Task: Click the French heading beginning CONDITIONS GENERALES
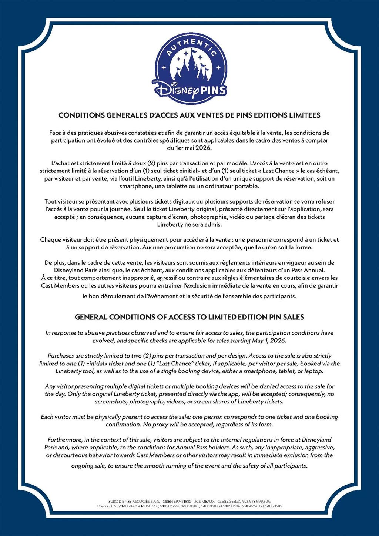[x=189, y=115]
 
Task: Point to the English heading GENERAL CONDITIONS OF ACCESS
[x=189, y=317]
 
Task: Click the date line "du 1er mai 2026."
[x=189, y=148]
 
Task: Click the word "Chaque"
[x=51, y=240]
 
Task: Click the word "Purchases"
[x=61, y=356]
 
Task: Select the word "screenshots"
[x=111, y=402]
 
